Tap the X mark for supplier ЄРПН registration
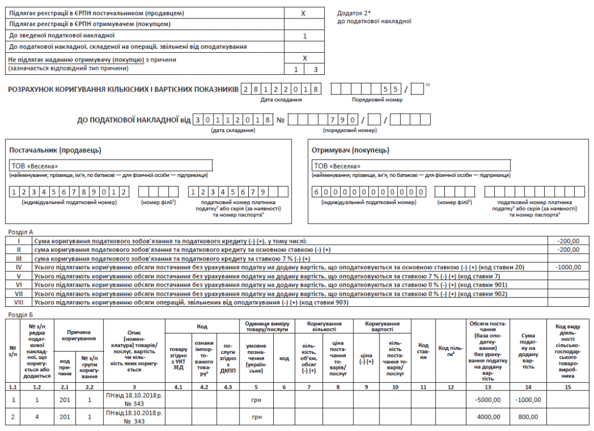(303, 13)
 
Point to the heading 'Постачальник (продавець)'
(55, 150)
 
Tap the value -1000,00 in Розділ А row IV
(568, 267)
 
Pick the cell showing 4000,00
(488, 417)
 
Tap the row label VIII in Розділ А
(18, 302)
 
